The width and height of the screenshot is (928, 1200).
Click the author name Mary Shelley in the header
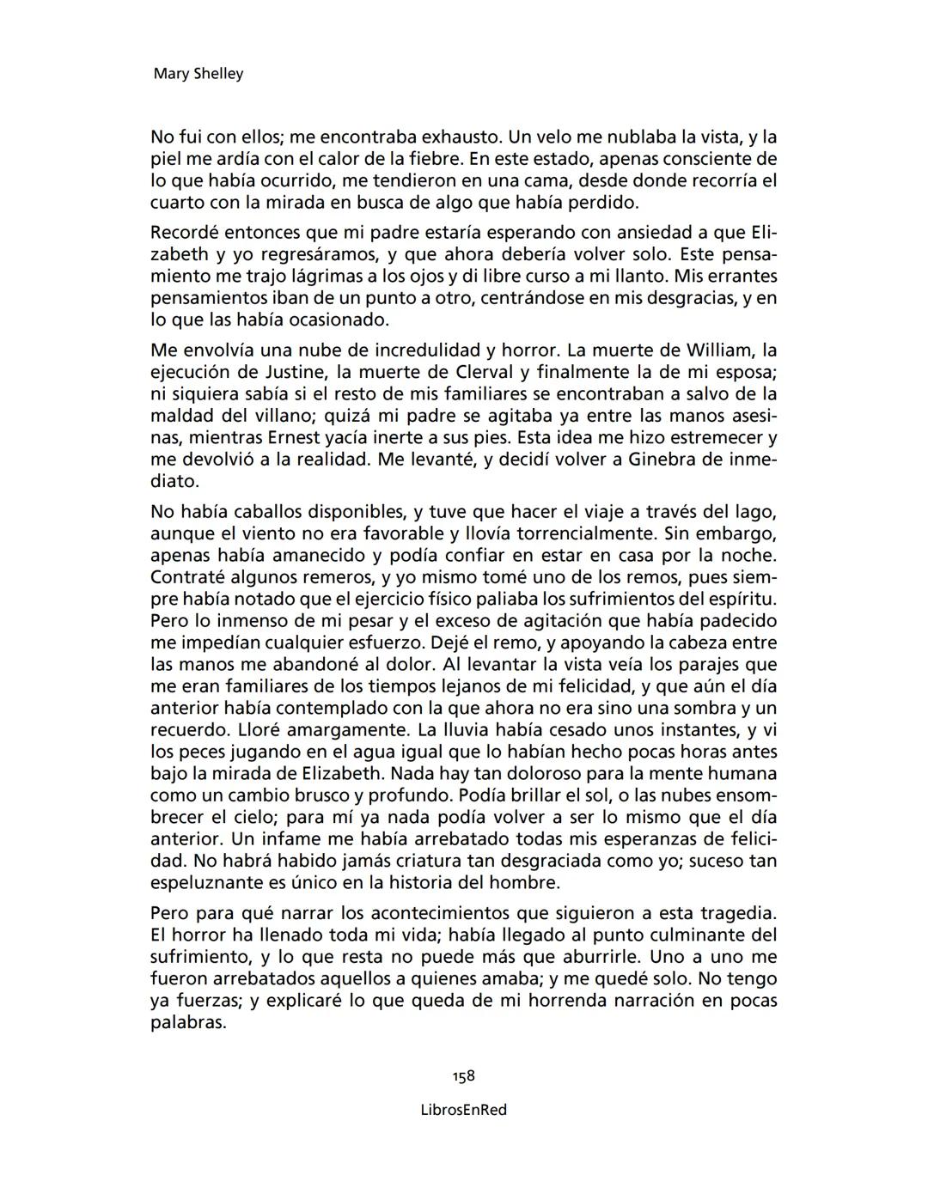pyautogui.click(x=198, y=74)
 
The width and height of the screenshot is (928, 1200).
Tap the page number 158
pyautogui.click(x=464, y=1076)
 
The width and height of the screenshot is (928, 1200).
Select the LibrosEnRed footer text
pyautogui.click(x=464, y=1110)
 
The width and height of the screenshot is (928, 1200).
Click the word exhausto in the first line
pyautogui.click(x=459, y=137)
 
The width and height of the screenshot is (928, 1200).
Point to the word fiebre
pyautogui.click(x=436, y=159)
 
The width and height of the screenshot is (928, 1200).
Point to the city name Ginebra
pyautogui.click(x=661, y=460)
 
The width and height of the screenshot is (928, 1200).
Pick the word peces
pyautogui.click(x=204, y=752)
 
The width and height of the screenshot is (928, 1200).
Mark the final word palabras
pyautogui.click(x=187, y=1023)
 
